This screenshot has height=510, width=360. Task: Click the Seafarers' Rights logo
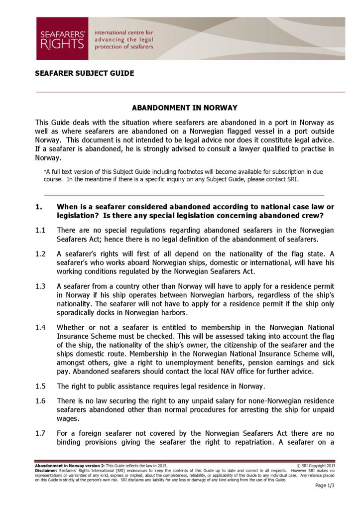point(62,39)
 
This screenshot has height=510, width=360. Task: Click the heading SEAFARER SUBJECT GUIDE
point(84,73)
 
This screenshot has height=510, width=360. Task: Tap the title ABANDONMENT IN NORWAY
point(184,108)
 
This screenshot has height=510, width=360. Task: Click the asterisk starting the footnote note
point(45,171)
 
